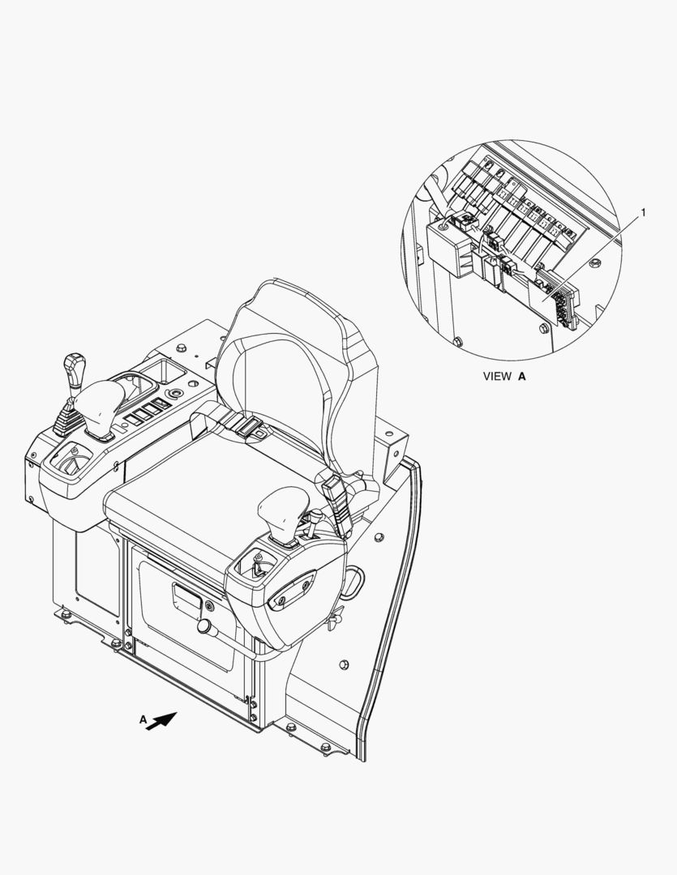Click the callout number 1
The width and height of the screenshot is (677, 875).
click(643, 212)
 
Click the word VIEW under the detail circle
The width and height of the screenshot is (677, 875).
click(496, 377)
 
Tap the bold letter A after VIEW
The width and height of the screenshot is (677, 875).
click(521, 377)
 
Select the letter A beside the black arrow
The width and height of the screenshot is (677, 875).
click(143, 720)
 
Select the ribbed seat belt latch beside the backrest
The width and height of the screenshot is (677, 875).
click(336, 506)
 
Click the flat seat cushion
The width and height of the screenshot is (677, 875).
click(212, 491)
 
